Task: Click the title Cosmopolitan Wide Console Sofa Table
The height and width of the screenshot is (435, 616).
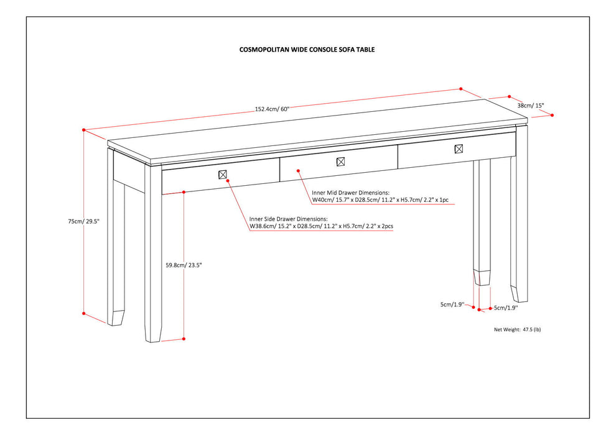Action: tap(307, 49)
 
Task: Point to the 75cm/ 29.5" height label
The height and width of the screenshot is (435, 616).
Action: tap(84, 221)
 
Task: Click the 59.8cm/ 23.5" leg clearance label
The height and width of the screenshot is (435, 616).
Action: tap(185, 265)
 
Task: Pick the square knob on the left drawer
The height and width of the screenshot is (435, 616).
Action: tap(223, 174)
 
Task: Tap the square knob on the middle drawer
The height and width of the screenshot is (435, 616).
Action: tap(340, 162)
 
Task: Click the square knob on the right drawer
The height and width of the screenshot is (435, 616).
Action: tap(459, 149)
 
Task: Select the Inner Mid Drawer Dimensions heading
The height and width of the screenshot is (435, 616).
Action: tap(350, 193)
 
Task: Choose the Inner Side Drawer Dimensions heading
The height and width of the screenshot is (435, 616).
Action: tap(288, 219)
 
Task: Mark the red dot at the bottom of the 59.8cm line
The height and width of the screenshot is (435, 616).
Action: tap(185, 339)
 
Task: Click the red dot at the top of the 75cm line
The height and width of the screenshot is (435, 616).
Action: tap(83, 130)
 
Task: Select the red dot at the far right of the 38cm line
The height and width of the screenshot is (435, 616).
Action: tap(552, 115)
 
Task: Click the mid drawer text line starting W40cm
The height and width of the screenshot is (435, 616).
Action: tap(380, 201)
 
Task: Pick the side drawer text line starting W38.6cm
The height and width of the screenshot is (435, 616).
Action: tap(321, 227)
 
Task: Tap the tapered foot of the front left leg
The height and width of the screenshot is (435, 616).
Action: tap(153, 332)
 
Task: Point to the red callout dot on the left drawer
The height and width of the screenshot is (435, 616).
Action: tap(228, 180)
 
